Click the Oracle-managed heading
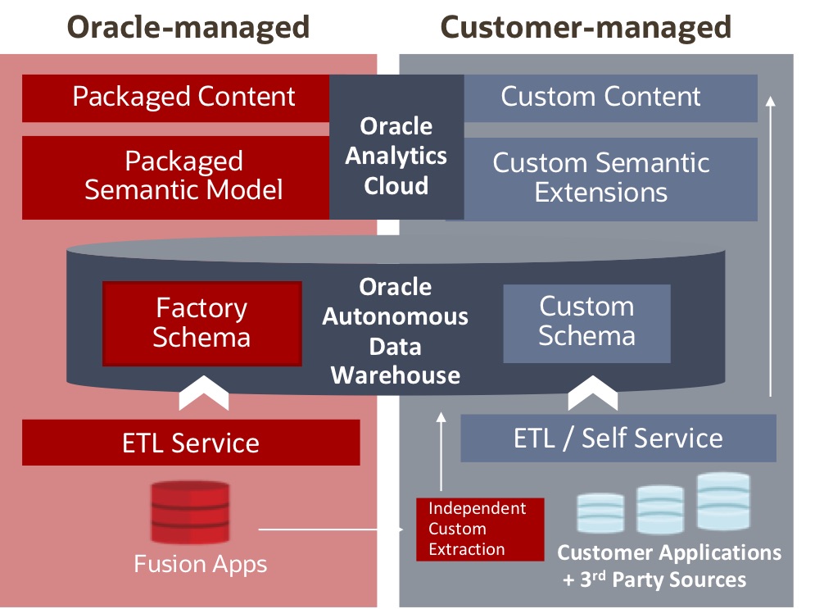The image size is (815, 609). [188, 27]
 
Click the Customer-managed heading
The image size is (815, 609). [586, 27]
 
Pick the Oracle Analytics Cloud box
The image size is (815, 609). [396, 156]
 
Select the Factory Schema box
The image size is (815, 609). [201, 323]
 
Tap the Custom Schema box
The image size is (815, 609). [586, 322]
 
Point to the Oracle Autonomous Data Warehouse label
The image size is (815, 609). [395, 331]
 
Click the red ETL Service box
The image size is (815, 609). [191, 443]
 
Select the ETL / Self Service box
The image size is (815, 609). [618, 438]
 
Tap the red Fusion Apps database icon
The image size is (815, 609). [189, 513]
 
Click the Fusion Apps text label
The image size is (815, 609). [201, 564]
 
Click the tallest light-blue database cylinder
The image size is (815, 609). [723, 501]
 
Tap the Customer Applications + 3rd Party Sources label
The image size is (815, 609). [668, 566]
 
